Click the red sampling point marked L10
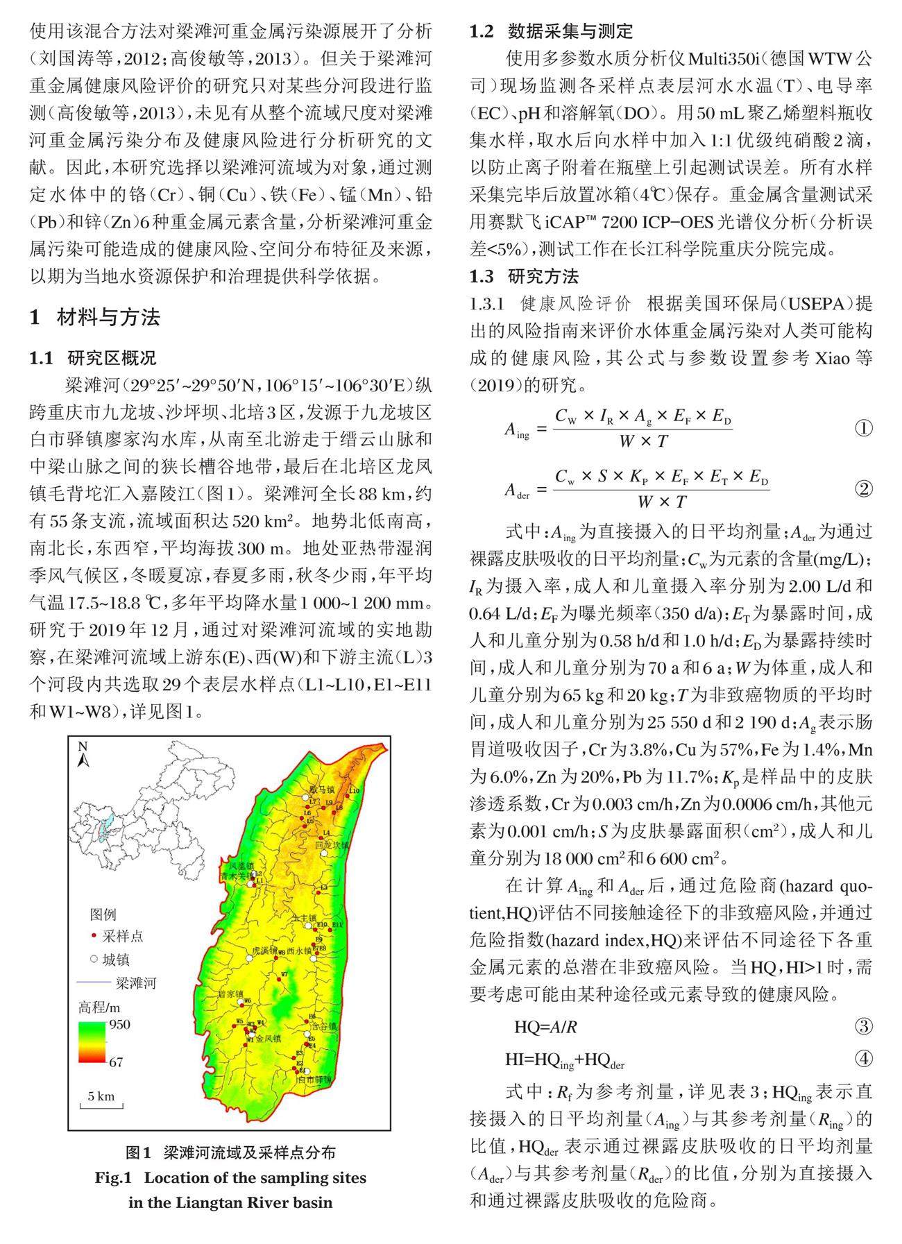(347, 796)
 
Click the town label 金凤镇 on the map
(268, 1039)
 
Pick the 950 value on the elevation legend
(119, 1025)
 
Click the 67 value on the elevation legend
(116, 1062)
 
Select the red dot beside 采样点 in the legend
(94, 936)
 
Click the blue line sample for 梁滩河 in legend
(93, 982)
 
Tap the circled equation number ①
(863, 428)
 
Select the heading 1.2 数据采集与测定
(552, 31)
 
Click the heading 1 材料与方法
(95, 317)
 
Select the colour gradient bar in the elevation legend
(91, 1042)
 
